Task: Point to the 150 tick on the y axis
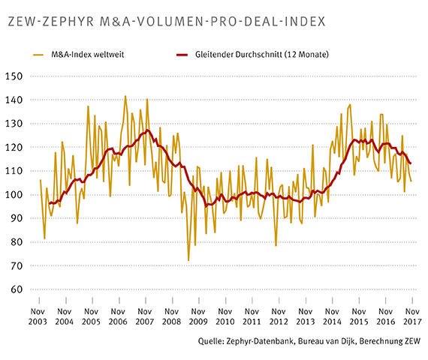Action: pos(14,76)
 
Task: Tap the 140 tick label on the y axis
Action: pos(14,100)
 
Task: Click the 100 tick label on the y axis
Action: pos(14,195)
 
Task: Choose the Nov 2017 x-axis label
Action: pos(412,315)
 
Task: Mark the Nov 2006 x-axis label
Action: pos(117,315)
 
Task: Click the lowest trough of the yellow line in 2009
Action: pos(188,260)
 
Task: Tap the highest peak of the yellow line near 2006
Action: pos(125,96)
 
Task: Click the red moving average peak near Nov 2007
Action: pos(147,130)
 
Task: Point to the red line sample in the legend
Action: pos(183,55)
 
